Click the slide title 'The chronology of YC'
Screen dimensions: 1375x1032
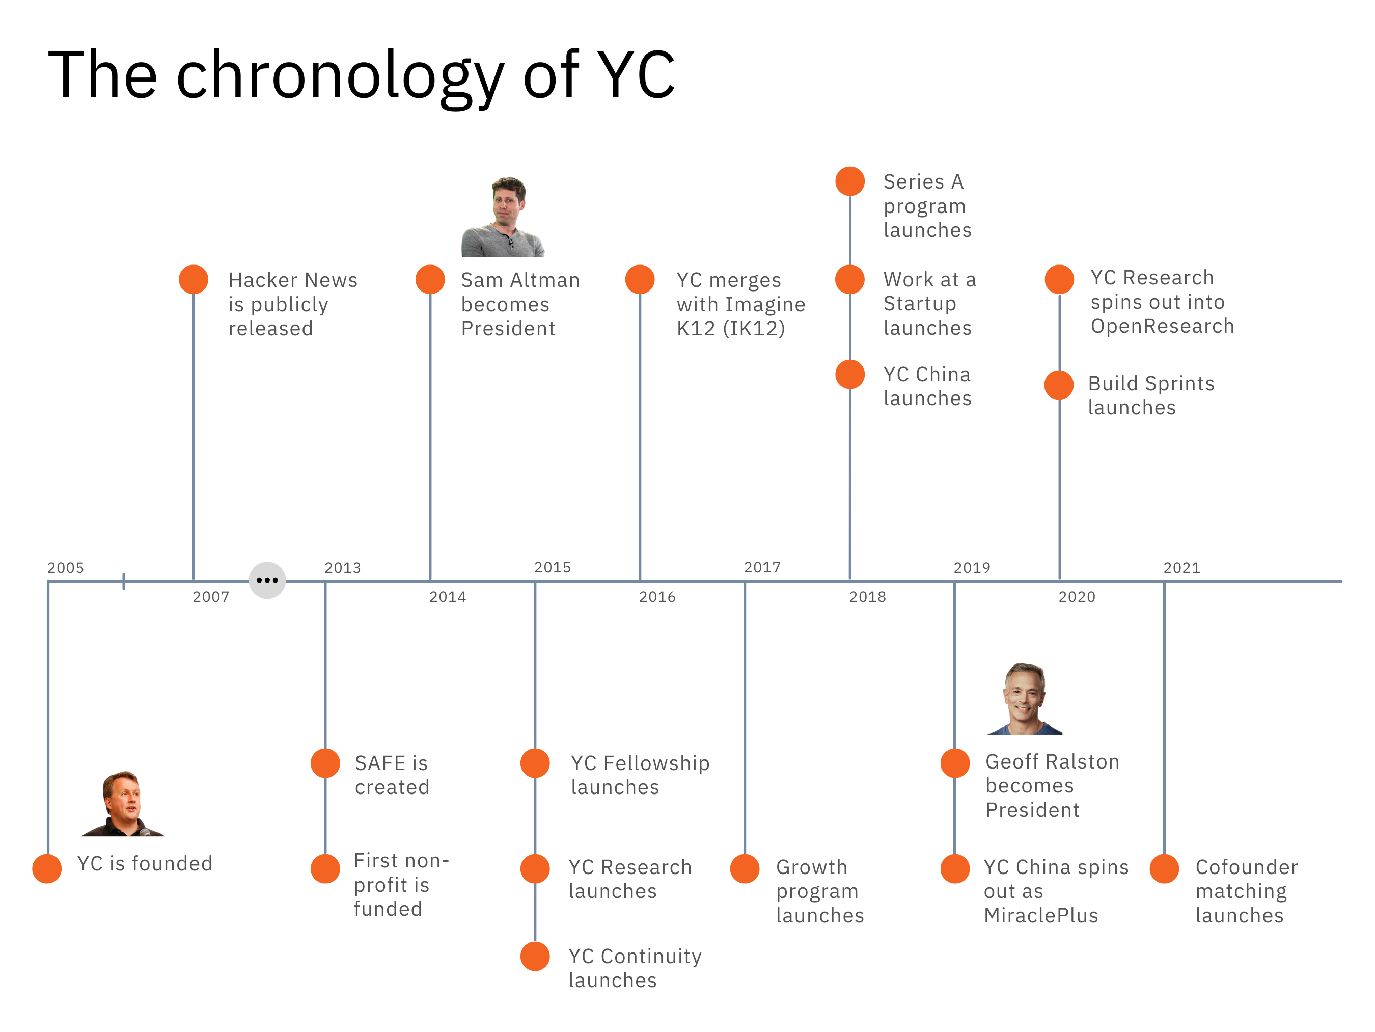point(361,74)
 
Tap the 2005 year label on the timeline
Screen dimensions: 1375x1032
point(65,567)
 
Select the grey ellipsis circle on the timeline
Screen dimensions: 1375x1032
point(267,580)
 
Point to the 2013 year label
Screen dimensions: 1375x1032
point(343,567)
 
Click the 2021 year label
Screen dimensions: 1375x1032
point(1181,567)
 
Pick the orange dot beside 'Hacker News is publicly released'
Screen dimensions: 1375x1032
point(194,279)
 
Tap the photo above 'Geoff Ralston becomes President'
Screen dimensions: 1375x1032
point(1025,699)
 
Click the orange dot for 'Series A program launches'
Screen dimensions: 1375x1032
point(850,181)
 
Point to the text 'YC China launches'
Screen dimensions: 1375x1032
point(927,386)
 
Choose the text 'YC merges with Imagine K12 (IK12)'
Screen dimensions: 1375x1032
point(740,304)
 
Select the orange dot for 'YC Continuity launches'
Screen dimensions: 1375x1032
point(535,956)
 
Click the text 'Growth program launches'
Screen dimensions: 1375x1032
point(819,891)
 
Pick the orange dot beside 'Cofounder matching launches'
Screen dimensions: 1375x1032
point(1164,868)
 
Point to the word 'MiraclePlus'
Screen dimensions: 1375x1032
point(1041,915)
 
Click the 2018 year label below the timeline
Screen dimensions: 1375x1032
point(867,597)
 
